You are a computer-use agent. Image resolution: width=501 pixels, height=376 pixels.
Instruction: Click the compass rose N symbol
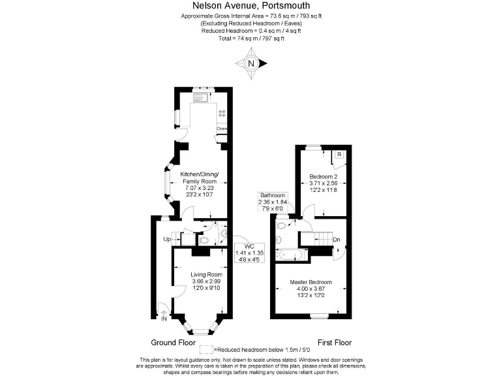pyautogui.click(x=250, y=64)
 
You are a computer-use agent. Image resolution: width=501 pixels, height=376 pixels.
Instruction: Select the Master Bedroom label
pyautogui.click(x=311, y=282)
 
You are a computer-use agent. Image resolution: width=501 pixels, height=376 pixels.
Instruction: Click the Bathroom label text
pyautogui.click(x=273, y=195)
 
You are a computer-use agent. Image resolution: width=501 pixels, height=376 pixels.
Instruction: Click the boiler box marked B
pyautogui.click(x=339, y=155)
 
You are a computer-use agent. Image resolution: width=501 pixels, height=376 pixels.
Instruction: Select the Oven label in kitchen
pyautogui.click(x=222, y=129)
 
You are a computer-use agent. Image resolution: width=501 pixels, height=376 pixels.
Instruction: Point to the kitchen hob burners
pyautogui.click(x=222, y=112)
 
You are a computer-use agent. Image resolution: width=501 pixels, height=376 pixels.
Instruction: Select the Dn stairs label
pyautogui.click(x=336, y=240)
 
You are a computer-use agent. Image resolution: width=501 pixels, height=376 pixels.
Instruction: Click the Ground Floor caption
pyautogui.click(x=173, y=342)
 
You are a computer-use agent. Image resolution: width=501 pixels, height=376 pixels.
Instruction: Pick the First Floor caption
pyautogui.click(x=334, y=342)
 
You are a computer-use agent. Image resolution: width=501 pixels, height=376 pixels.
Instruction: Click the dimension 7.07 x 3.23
pyautogui.click(x=199, y=188)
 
